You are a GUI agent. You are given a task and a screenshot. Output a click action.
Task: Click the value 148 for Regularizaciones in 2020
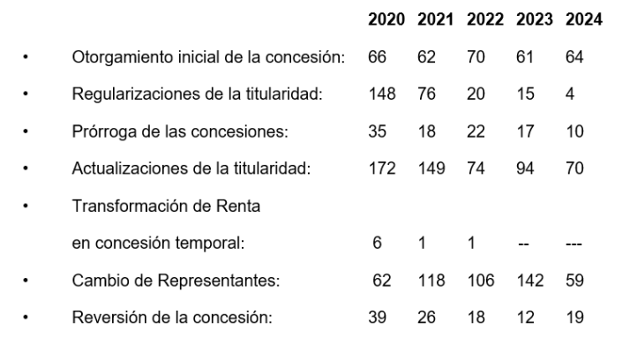380,95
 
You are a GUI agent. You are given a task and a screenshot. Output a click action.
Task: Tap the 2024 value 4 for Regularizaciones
571,95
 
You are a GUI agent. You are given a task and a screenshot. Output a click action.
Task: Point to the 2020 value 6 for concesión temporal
377,243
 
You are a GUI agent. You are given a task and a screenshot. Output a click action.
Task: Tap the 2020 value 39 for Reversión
378,316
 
